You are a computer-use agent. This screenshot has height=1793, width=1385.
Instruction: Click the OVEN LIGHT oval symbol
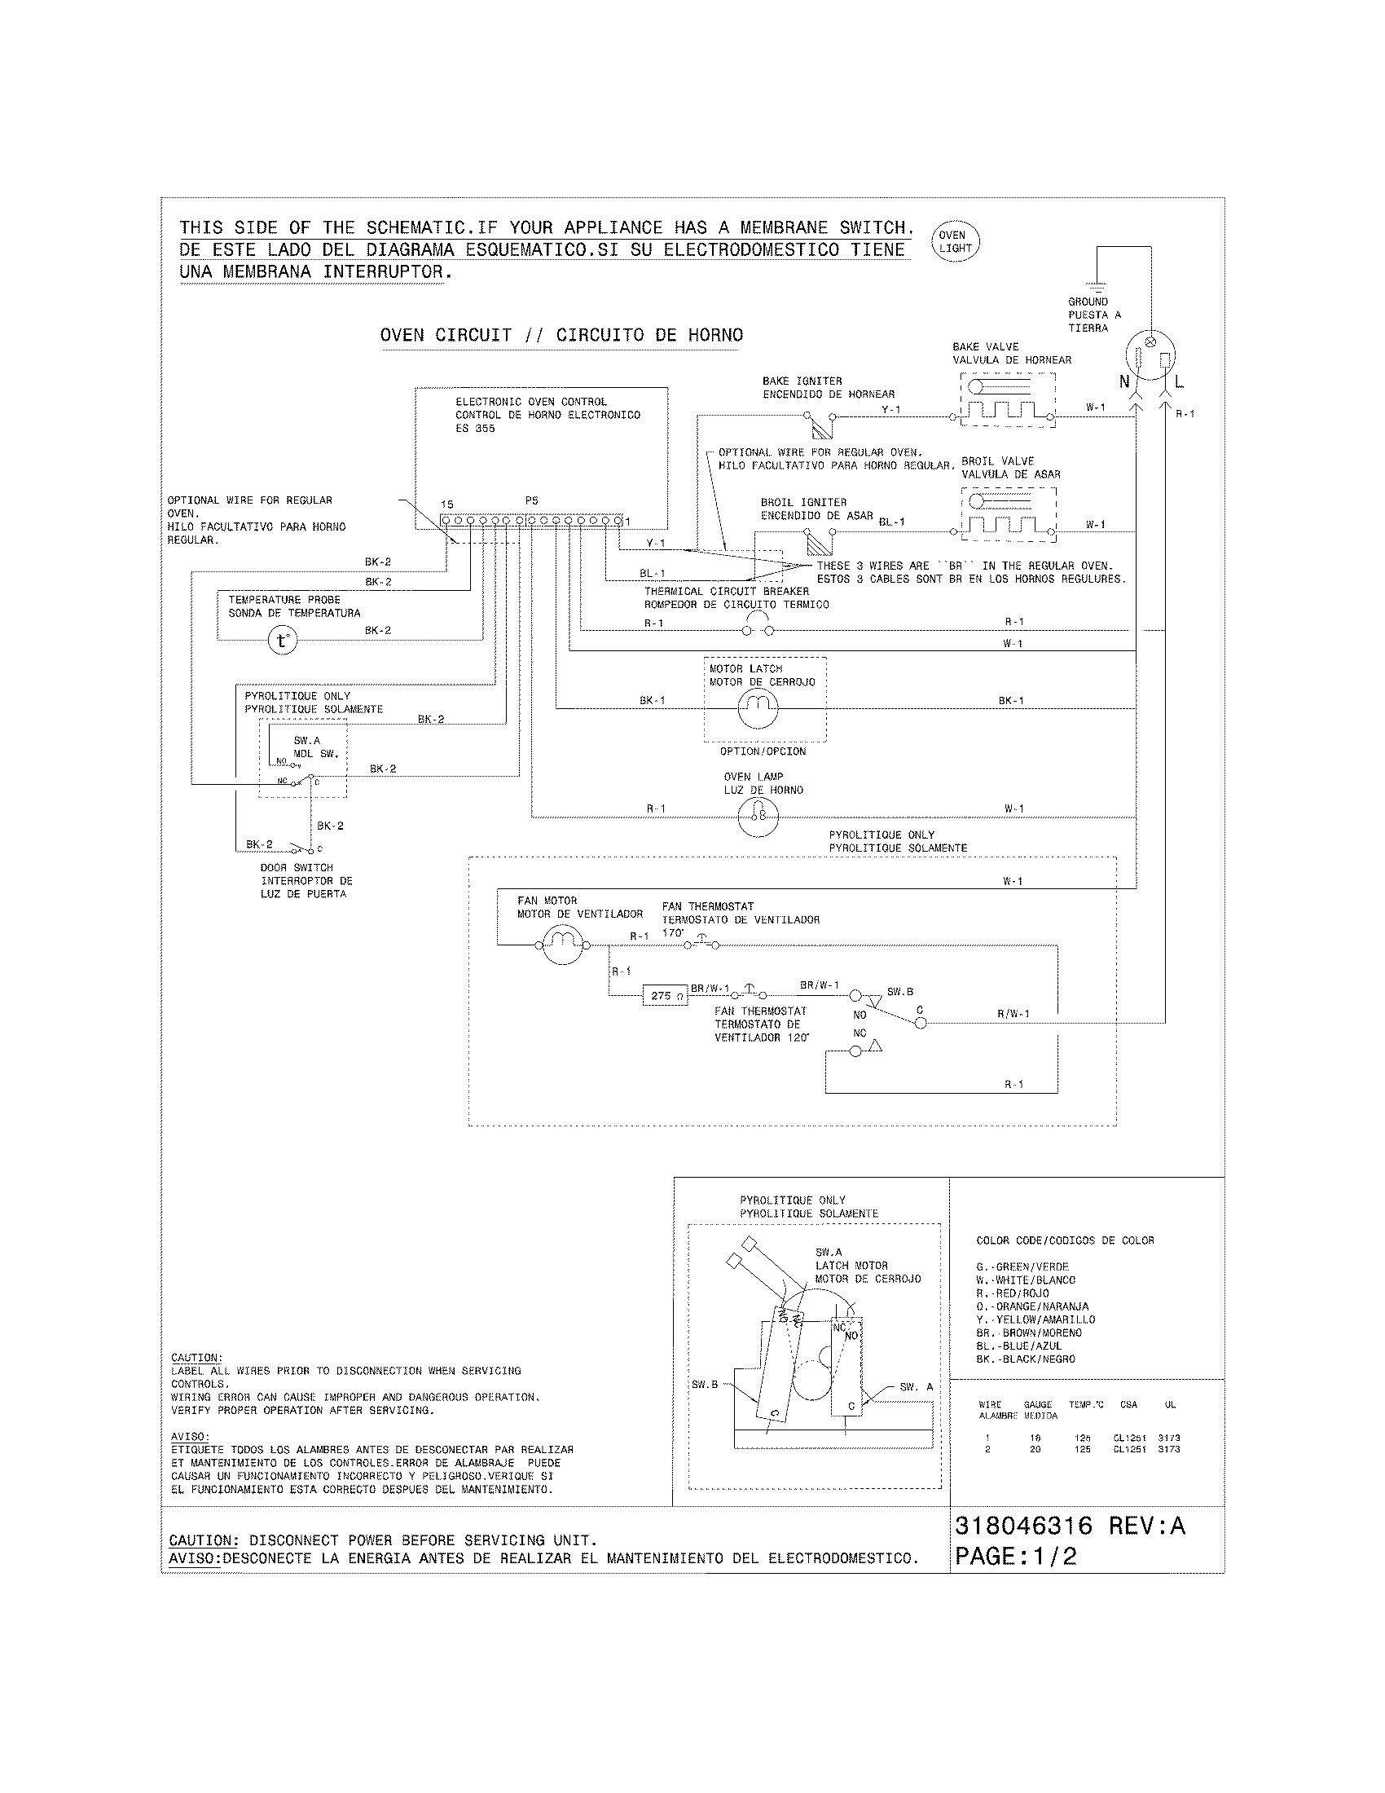point(956,241)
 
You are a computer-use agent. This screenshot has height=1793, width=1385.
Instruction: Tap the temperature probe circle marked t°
point(282,640)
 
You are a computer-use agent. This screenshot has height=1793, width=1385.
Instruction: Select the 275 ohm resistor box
point(664,995)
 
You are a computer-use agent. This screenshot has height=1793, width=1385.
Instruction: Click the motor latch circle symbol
point(758,707)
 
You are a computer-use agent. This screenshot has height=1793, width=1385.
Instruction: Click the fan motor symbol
point(563,945)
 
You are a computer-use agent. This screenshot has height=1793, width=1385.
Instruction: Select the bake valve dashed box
point(1007,399)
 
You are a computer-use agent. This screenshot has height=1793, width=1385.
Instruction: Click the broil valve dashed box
point(1008,514)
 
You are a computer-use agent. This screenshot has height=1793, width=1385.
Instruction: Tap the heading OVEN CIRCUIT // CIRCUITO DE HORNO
point(561,335)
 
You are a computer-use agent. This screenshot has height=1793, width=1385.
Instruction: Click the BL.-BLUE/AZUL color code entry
point(1019,1346)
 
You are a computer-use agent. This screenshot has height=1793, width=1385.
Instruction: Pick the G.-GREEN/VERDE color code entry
point(1022,1267)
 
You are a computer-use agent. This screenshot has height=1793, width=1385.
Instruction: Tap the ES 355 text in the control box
point(475,428)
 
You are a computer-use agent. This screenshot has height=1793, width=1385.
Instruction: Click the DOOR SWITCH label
point(297,867)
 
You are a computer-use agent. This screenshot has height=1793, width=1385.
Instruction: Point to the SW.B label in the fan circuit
point(899,992)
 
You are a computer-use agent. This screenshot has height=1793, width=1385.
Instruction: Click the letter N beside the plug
point(1124,381)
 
